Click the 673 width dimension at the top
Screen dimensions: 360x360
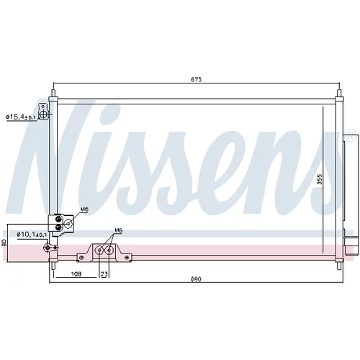(196, 79)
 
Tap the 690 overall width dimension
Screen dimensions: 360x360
(196, 279)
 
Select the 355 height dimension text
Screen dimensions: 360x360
(320, 179)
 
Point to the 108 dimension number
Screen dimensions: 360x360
(76, 274)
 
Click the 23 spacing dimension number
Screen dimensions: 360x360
(104, 274)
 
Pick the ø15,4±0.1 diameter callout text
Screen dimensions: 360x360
(21, 117)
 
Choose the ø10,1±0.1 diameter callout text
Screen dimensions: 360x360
(32, 234)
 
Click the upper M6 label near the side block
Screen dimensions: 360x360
(84, 210)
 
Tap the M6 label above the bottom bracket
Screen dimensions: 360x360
(118, 230)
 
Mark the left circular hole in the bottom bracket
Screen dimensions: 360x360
(99, 251)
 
